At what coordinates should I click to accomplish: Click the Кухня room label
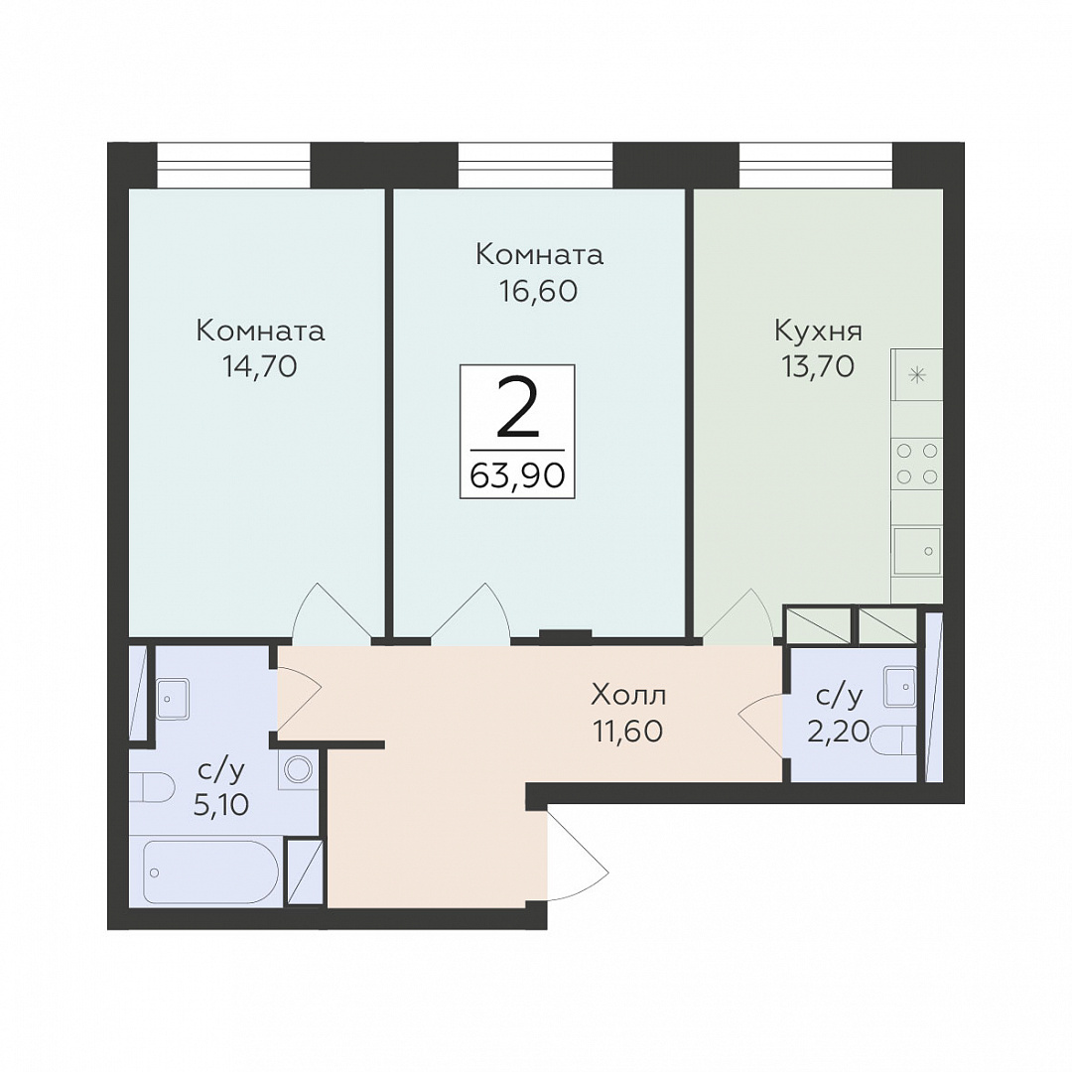818,333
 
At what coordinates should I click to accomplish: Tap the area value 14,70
259,367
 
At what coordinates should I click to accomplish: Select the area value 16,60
539,291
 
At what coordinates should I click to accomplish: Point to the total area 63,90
517,475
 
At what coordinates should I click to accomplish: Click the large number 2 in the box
517,408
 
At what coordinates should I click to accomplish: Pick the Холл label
628,696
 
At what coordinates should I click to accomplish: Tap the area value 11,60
628,732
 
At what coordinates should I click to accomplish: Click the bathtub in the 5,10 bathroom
211,872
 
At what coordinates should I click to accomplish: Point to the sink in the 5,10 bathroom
173,699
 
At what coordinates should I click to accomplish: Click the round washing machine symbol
298,770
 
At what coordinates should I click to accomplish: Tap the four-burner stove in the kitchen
917,464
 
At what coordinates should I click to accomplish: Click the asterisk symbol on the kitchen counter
917,374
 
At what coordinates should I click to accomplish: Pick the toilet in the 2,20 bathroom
893,739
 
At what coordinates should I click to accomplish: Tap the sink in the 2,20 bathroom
899,686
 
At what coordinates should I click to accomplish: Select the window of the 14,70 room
234,165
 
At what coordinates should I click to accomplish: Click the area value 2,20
838,733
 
